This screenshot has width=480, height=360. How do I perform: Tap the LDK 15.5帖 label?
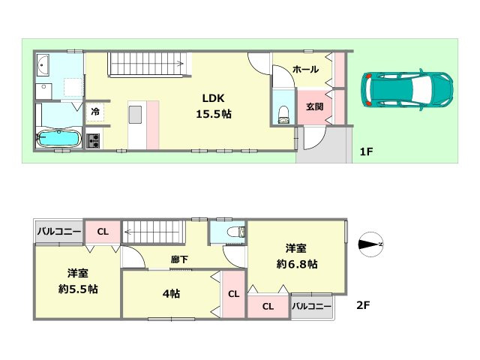tap(212, 106)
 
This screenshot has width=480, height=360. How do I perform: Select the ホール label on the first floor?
tap(305, 69)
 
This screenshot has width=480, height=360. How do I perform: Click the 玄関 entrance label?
tap(313, 106)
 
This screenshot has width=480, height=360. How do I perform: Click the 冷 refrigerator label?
tap(95, 111)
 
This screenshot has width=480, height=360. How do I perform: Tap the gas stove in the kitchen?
tap(94, 140)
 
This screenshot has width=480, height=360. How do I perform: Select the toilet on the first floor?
tap(283, 113)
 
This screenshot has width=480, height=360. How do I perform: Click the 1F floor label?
tap(366, 152)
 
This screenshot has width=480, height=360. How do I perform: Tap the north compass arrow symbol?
tap(370, 244)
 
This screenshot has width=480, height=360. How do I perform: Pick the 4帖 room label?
tap(170, 293)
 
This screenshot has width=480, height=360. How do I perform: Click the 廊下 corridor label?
tap(179, 259)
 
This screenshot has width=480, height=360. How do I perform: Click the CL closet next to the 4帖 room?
tap(232, 293)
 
